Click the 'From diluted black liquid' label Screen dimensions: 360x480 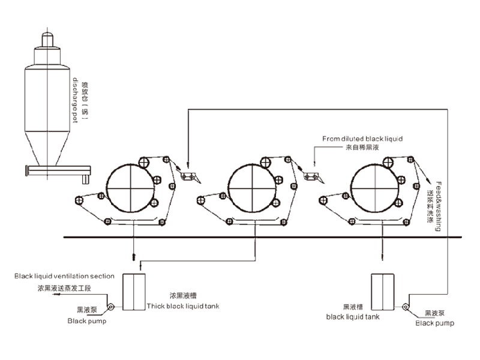click(362, 139)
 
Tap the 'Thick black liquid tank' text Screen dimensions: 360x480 click(184, 306)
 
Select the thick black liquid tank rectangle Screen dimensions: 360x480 click(134, 291)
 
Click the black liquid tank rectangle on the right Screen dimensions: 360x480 click(382, 291)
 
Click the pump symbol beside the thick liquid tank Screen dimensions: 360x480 click(111, 308)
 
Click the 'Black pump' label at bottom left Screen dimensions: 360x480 click(87, 321)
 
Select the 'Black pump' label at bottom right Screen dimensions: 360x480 click(435, 323)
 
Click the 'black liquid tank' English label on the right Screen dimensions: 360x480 click(353, 316)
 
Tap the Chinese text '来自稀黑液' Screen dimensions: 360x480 click(362, 146)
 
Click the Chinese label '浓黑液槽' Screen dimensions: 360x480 click(184, 296)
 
